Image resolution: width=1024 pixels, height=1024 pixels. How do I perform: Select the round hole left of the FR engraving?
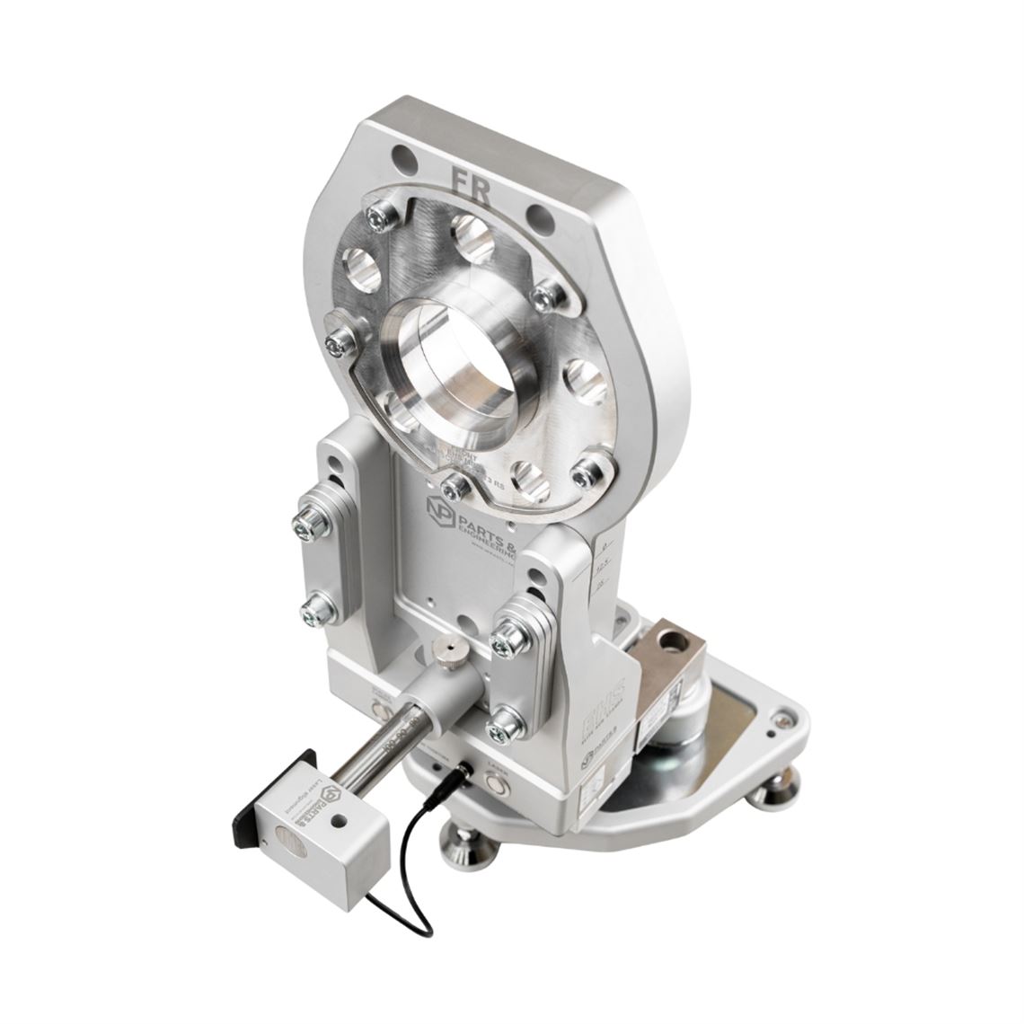[405, 158]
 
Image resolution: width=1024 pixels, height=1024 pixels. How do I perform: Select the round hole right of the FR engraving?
[539, 216]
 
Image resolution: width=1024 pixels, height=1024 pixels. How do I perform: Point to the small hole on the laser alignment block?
[336, 821]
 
